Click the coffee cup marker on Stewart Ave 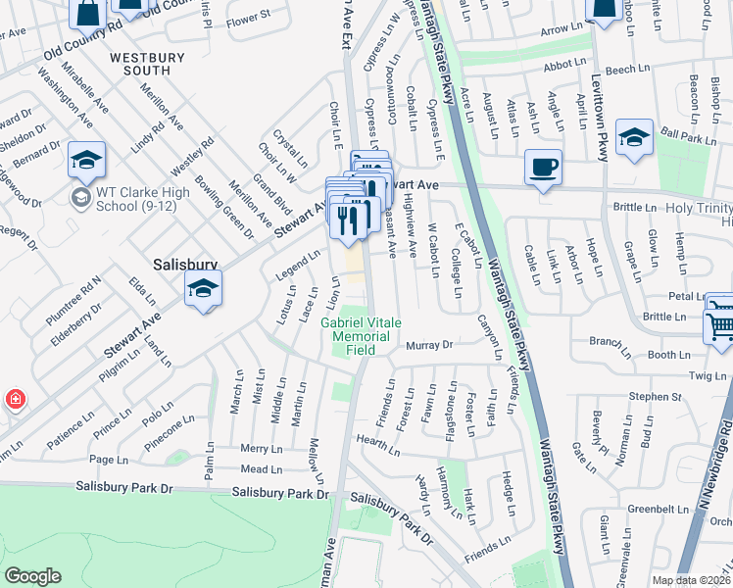point(543,166)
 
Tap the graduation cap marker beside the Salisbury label point(204,289)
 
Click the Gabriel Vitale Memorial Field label point(361,335)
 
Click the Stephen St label point(655,397)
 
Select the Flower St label point(247,19)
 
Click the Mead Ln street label point(261,469)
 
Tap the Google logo point(32,576)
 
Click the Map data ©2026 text point(690,580)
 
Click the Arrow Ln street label point(561,30)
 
